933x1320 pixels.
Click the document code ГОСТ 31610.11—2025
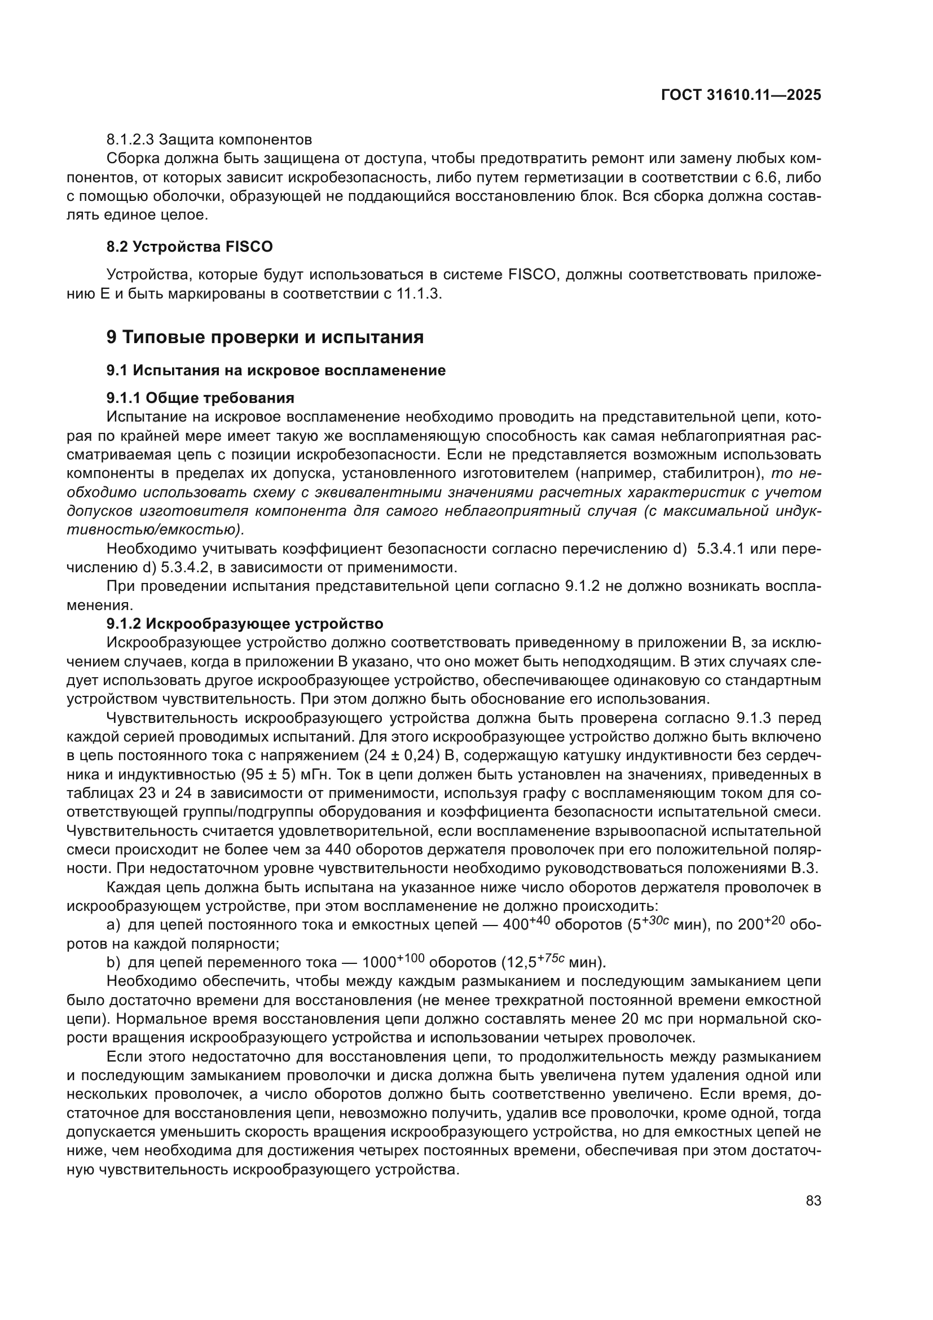click(x=741, y=95)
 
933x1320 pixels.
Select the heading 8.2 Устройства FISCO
click(x=190, y=247)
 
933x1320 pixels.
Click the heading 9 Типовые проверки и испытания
click(x=265, y=337)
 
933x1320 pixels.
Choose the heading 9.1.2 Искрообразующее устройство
click(x=245, y=624)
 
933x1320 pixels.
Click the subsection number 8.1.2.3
click(x=130, y=140)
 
